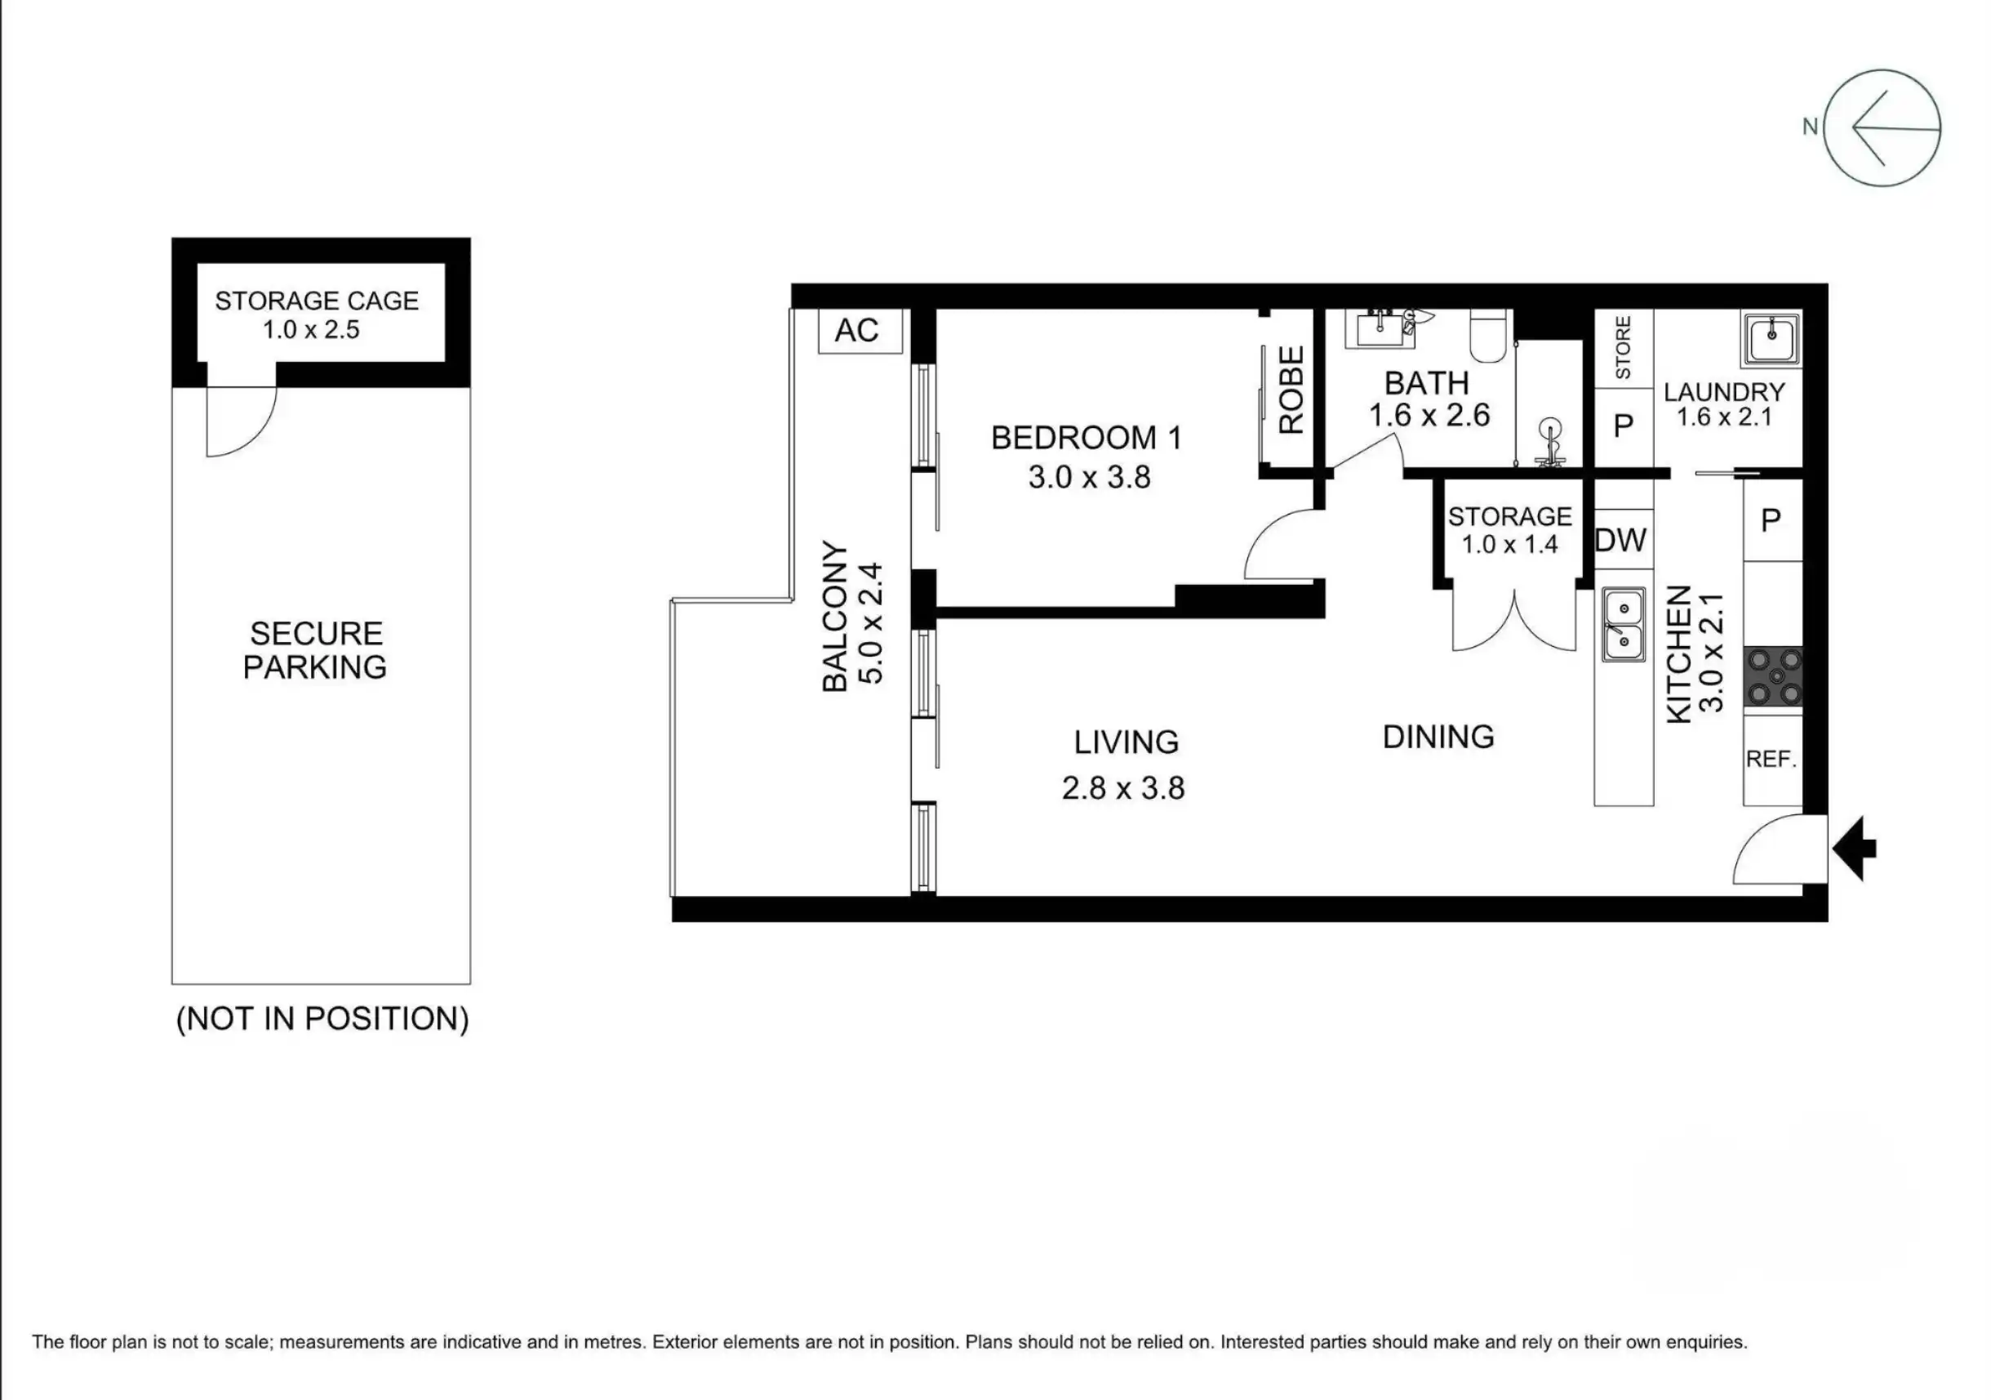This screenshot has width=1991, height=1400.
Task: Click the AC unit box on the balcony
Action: pos(860,331)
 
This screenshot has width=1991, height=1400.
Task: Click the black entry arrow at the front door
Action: pos(1854,849)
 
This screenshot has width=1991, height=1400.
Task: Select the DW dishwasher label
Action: pos(1620,541)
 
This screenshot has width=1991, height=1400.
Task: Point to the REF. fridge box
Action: pos(1772,759)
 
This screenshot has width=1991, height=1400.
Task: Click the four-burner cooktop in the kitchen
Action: pos(1773,676)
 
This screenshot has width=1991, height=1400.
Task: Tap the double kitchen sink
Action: pos(1624,625)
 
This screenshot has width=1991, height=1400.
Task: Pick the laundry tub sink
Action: pos(1770,338)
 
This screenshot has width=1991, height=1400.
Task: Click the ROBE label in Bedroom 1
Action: pos(1291,390)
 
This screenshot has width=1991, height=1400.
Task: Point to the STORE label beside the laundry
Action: pos(1624,347)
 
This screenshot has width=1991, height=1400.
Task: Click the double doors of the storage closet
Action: pos(1514,620)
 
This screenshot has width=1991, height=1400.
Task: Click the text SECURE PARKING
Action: pos(316,649)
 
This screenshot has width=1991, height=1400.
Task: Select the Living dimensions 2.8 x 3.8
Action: pos(1123,787)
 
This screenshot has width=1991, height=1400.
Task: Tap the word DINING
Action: pos(1438,738)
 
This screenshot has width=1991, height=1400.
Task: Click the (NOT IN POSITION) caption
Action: pos(322,1019)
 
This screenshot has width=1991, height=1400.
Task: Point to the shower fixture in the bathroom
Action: pos(1549,443)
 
